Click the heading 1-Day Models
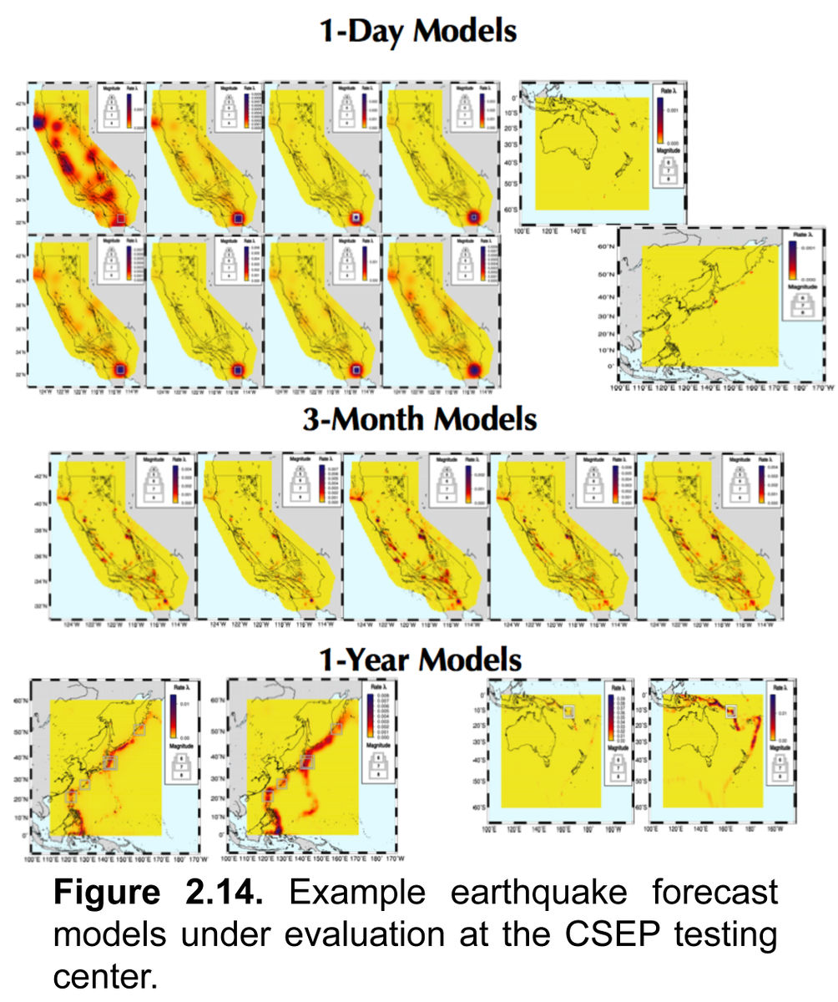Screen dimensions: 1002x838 (418, 32)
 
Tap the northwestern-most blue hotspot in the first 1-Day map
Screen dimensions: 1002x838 (37, 123)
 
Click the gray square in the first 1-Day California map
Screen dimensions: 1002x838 (121, 218)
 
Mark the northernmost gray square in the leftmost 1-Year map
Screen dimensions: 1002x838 (139, 730)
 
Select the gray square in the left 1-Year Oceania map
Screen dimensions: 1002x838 (568, 711)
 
